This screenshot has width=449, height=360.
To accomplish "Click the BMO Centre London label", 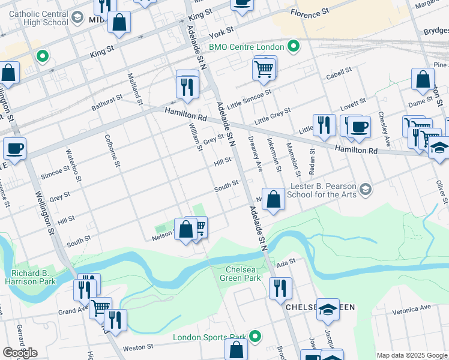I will [247, 46].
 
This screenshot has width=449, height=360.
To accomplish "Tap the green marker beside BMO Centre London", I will [294, 46].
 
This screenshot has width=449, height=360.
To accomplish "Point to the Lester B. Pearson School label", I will [322, 190].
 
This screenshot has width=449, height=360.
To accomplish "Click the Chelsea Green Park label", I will [243, 274].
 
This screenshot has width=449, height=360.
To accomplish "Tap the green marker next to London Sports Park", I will [255, 337].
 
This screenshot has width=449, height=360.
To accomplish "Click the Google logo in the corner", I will [19, 353].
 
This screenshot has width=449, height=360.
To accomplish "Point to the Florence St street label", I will [310, 11].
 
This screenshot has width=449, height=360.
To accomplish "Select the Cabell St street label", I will [339, 73].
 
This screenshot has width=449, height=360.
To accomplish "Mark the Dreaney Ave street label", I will [256, 154].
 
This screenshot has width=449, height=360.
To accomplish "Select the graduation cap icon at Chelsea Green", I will [328, 310].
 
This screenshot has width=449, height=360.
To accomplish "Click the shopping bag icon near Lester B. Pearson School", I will [274, 200].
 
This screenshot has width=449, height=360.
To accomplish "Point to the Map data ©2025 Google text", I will [412, 355].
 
